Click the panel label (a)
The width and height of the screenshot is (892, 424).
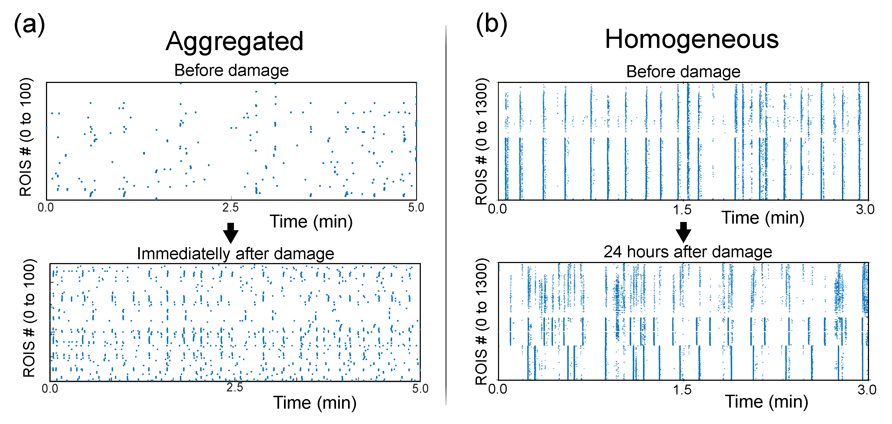tap(30, 24)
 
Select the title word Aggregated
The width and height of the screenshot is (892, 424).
tap(234, 42)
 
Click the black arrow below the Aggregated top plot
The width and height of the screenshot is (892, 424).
tap(231, 233)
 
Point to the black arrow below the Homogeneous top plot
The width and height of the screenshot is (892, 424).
tap(683, 232)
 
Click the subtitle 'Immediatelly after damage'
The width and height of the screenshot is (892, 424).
tap(236, 253)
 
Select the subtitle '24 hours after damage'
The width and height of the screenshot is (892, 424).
tap(688, 252)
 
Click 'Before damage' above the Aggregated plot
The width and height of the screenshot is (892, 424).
tap(231, 70)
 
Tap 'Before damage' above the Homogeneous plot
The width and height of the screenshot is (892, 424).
tap(683, 72)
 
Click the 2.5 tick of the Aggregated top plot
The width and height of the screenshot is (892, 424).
tap(231, 207)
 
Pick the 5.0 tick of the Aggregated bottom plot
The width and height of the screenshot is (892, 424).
tap(420, 388)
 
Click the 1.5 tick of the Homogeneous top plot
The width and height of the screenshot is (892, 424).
tap(682, 210)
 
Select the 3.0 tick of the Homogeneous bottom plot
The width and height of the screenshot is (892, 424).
tap(867, 390)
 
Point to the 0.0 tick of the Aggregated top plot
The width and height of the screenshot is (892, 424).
tap(46, 207)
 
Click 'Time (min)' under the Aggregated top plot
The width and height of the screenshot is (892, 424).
tap(311, 222)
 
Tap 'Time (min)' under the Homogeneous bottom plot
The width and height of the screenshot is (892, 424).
tap(766, 402)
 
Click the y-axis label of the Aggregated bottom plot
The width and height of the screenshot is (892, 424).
tap(29, 318)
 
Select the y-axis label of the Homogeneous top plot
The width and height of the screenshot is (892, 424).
tap(482, 141)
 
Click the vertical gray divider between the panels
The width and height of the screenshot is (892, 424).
tap(446, 215)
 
